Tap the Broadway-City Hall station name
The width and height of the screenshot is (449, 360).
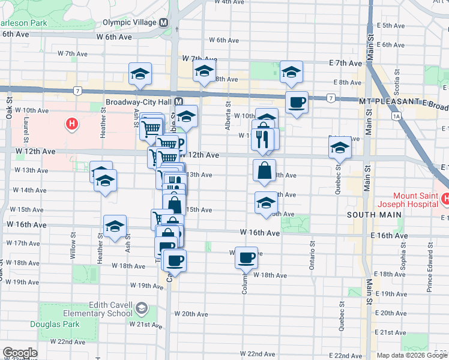139,102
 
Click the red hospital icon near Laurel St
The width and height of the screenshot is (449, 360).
72,124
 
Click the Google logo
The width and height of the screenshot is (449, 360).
20,353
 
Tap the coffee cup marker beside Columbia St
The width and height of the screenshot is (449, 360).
246,258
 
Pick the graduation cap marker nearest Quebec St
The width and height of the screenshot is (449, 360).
340,148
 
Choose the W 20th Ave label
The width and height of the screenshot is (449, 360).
190,314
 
